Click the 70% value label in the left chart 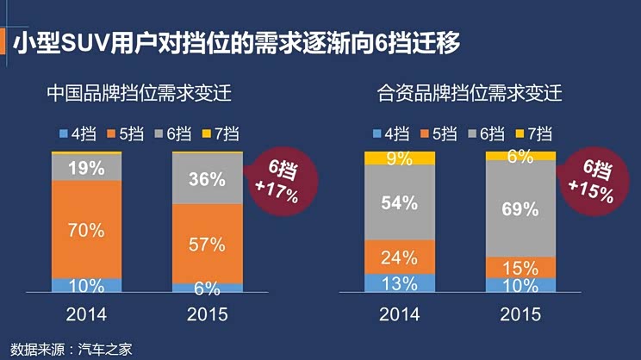86,230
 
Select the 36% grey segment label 208,180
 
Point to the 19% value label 86,168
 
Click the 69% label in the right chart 520,208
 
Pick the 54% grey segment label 400,203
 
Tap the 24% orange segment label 400,257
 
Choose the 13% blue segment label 400,283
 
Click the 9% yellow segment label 400,158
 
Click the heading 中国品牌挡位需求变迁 140,92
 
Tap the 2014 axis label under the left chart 86,313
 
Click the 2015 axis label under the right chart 520,313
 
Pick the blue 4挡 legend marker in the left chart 63,133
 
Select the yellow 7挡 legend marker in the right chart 519,133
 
